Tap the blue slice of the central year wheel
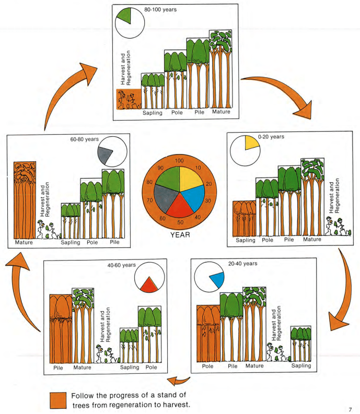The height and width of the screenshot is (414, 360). (195, 197)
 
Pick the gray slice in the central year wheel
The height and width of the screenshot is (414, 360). (165, 197)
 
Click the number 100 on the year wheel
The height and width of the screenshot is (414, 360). (179, 160)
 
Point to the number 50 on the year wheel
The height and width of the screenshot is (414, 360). (180, 222)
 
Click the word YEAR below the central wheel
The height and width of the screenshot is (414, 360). (180, 235)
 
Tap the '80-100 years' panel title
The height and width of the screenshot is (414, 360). (160, 9)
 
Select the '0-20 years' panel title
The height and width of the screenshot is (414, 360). (271, 137)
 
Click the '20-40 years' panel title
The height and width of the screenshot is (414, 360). (242, 264)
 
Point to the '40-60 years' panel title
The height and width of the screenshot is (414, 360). (121, 265)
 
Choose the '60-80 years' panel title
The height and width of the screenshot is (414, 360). (84, 139)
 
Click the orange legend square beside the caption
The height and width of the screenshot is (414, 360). (58, 400)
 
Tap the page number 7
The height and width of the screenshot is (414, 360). (350, 409)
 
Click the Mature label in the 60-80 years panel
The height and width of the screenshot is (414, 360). (24, 242)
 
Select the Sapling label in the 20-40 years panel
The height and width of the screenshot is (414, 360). (301, 365)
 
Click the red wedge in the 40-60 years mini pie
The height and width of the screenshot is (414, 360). (149, 285)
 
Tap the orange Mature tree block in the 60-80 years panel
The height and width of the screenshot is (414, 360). (25, 200)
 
